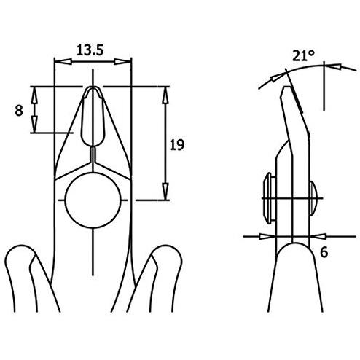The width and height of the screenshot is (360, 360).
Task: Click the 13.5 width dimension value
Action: (90, 50)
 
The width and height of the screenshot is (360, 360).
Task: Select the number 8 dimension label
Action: (19, 111)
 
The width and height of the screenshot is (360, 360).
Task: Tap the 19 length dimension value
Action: (177, 145)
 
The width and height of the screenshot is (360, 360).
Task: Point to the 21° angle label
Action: (303, 55)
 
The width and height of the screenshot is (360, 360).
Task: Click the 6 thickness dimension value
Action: (324, 252)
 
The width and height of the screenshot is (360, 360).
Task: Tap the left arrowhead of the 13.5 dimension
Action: (63, 62)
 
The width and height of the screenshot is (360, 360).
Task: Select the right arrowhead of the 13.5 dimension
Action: (122, 62)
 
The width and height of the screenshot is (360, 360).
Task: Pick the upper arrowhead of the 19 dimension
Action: (165, 95)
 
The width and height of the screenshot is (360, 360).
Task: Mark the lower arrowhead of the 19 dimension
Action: (165, 192)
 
